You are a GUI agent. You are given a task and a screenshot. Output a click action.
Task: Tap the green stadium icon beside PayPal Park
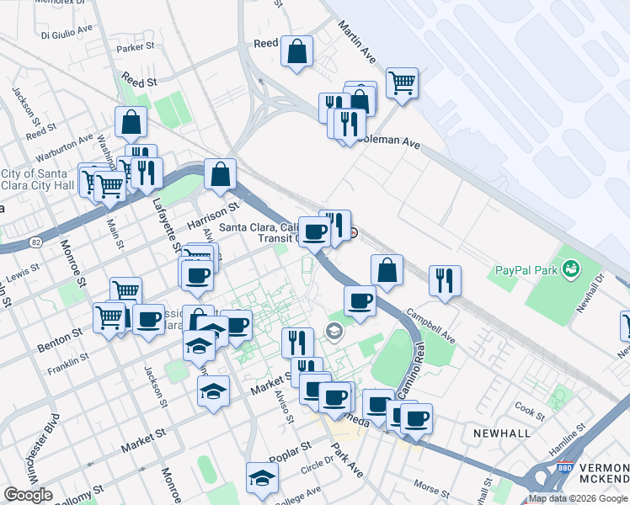click(573, 269)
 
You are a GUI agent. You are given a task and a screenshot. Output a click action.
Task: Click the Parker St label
click(137, 48)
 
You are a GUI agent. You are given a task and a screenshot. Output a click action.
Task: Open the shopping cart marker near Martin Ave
click(403, 82)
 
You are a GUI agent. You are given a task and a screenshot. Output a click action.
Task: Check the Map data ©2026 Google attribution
click(578, 498)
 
